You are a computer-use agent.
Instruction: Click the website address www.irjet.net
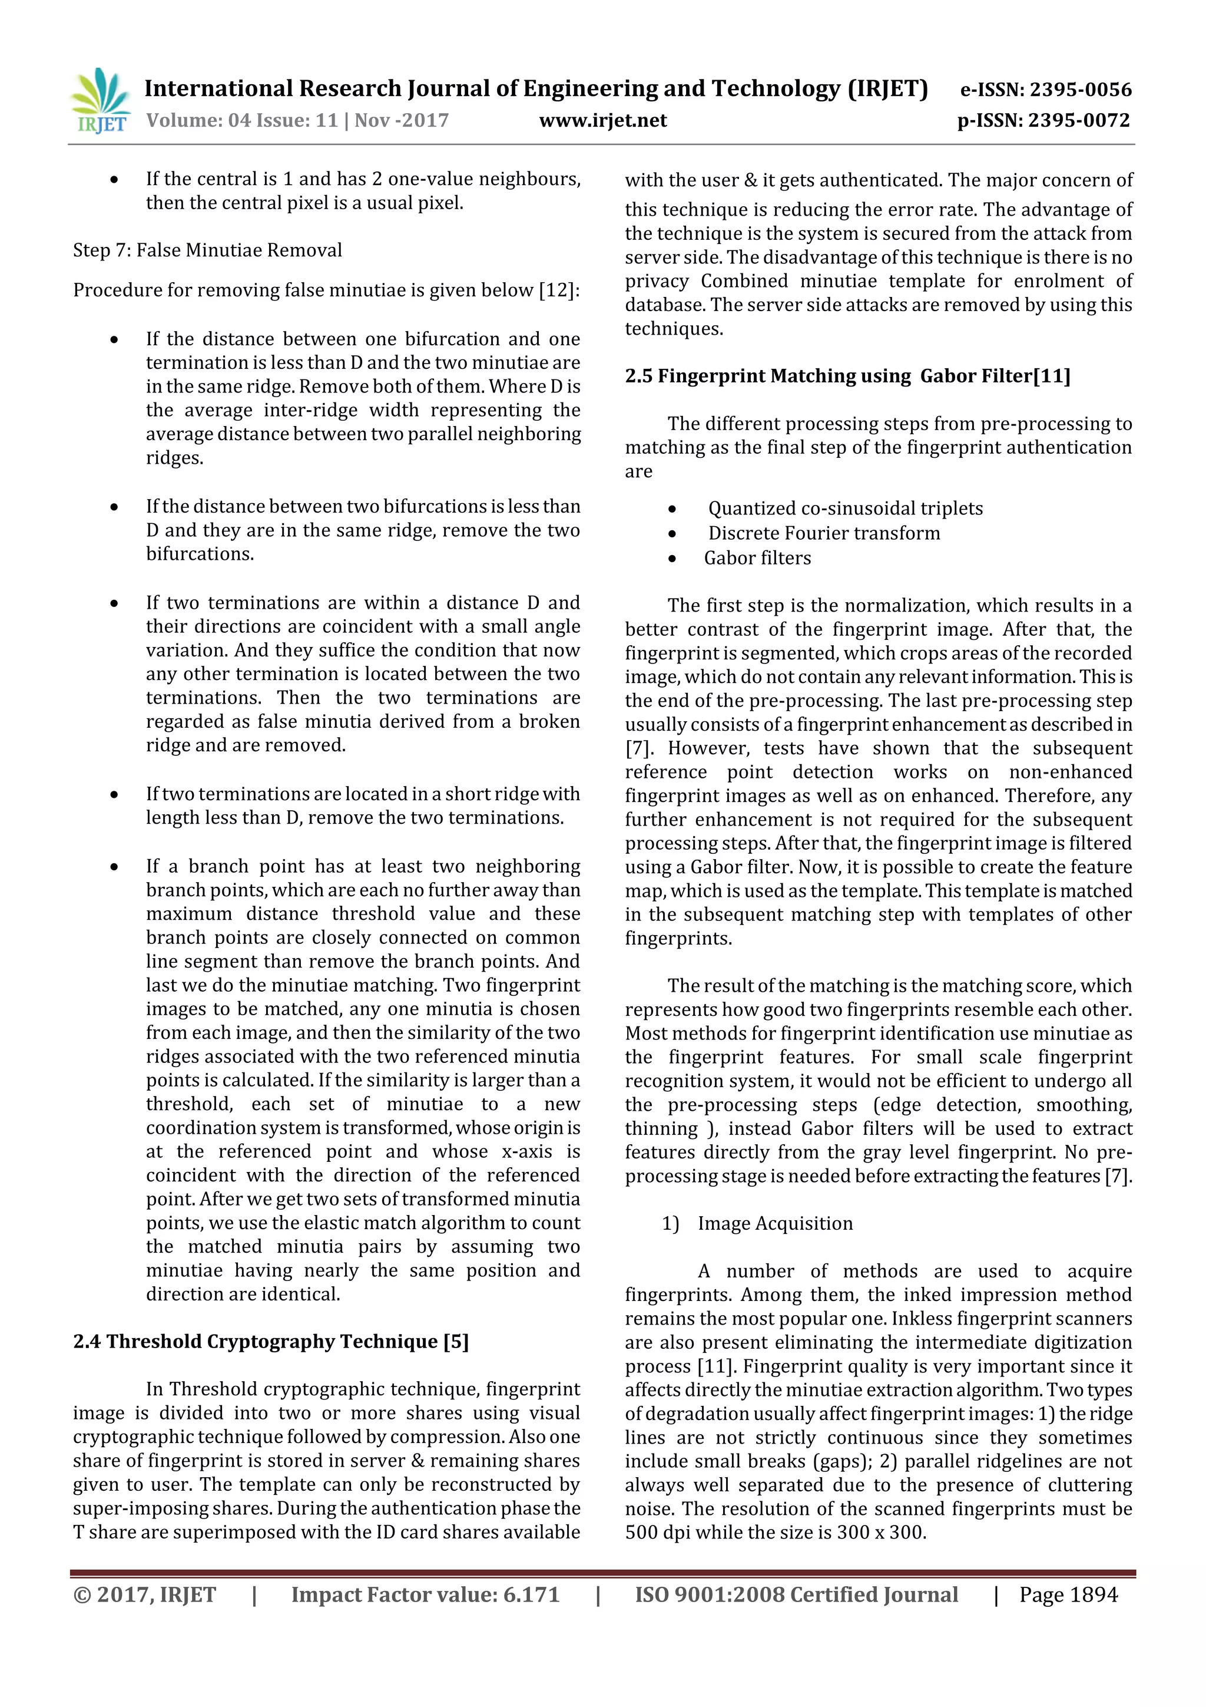[x=602, y=120]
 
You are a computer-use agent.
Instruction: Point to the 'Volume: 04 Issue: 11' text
[x=241, y=120]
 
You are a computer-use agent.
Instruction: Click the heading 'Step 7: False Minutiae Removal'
[x=207, y=250]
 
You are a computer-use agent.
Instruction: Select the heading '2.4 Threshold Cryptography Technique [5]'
[x=270, y=1341]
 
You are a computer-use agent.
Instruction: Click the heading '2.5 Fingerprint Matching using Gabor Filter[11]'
[x=847, y=376]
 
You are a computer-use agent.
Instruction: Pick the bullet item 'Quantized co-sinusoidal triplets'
[x=845, y=509]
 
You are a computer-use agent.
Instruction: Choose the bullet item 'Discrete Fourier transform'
[x=823, y=533]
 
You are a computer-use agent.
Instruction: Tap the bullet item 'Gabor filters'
[x=757, y=559]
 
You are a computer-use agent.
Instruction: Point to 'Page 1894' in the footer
[x=1068, y=1594]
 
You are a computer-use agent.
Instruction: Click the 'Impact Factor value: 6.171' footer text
[x=425, y=1594]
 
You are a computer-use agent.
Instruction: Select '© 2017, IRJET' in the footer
[x=145, y=1594]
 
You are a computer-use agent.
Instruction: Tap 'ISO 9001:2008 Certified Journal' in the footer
[x=796, y=1594]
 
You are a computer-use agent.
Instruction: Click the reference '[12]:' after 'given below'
[x=559, y=290]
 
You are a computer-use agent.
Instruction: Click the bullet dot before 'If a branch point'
[x=114, y=867]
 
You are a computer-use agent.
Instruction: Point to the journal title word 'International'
[x=218, y=89]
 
